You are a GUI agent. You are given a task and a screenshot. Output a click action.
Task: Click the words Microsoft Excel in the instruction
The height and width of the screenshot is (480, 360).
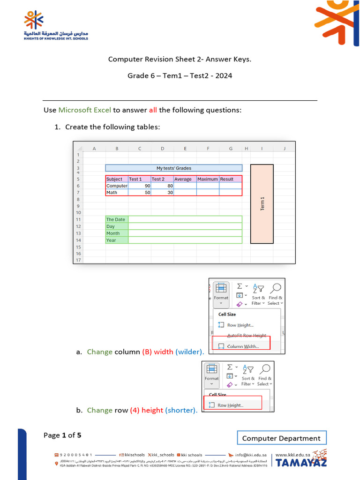(x=84, y=110)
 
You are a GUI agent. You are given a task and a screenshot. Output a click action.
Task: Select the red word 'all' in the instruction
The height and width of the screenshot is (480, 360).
(x=153, y=110)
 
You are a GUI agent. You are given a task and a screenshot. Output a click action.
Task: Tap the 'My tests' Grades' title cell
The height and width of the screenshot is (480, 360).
(x=173, y=168)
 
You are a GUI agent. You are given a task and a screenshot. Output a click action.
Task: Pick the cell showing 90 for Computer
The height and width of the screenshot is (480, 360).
(x=139, y=186)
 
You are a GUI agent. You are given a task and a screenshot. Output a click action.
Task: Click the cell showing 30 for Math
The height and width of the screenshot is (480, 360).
(x=162, y=192)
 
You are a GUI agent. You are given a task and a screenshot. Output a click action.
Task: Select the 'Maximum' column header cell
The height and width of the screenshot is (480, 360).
(x=208, y=179)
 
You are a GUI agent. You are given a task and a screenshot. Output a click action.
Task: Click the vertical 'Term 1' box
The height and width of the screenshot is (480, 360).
(x=262, y=203)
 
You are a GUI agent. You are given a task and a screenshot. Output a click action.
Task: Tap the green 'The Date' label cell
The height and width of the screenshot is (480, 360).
(x=117, y=219)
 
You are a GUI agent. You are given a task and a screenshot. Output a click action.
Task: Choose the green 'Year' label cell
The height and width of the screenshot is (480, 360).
(x=117, y=240)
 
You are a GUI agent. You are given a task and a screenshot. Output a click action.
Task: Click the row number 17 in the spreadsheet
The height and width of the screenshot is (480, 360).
(x=78, y=260)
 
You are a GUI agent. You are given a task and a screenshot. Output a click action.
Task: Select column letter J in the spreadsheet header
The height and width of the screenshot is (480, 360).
(x=284, y=149)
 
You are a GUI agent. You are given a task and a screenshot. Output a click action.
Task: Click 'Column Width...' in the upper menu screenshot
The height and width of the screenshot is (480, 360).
(x=242, y=346)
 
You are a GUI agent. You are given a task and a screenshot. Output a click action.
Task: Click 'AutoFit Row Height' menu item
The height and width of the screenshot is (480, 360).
(x=247, y=336)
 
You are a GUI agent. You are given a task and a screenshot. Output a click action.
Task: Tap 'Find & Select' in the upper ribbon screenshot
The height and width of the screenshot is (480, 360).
(x=275, y=300)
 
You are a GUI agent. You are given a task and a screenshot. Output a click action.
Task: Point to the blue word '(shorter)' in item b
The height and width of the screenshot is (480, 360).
(x=181, y=410)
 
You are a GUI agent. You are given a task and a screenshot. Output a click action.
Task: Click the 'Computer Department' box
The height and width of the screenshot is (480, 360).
(x=281, y=438)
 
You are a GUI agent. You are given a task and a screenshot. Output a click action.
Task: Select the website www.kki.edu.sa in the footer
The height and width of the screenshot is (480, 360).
(x=294, y=454)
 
